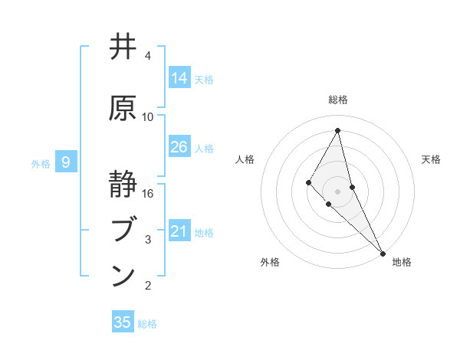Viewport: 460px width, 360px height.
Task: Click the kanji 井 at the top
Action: (123, 47)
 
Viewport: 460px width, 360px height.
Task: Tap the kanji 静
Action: (123, 185)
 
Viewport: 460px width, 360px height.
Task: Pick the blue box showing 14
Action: (179, 77)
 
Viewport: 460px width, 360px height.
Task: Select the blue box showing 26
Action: (179, 146)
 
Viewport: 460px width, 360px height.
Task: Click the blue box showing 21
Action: (179, 231)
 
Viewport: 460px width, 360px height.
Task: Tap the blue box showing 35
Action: (123, 322)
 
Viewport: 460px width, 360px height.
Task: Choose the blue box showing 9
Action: (67, 162)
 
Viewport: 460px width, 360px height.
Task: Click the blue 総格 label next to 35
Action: (147, 324)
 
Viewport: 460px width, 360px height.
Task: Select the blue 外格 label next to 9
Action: (41, 163)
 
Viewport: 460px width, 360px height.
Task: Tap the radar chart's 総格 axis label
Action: (338, 100)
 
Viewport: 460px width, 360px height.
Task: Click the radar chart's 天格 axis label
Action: (432, 159)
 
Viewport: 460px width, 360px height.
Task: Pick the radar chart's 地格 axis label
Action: (402, 262)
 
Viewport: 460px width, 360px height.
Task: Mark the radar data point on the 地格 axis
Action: (382, 252)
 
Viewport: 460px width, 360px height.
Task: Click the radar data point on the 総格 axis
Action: (338, 130)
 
